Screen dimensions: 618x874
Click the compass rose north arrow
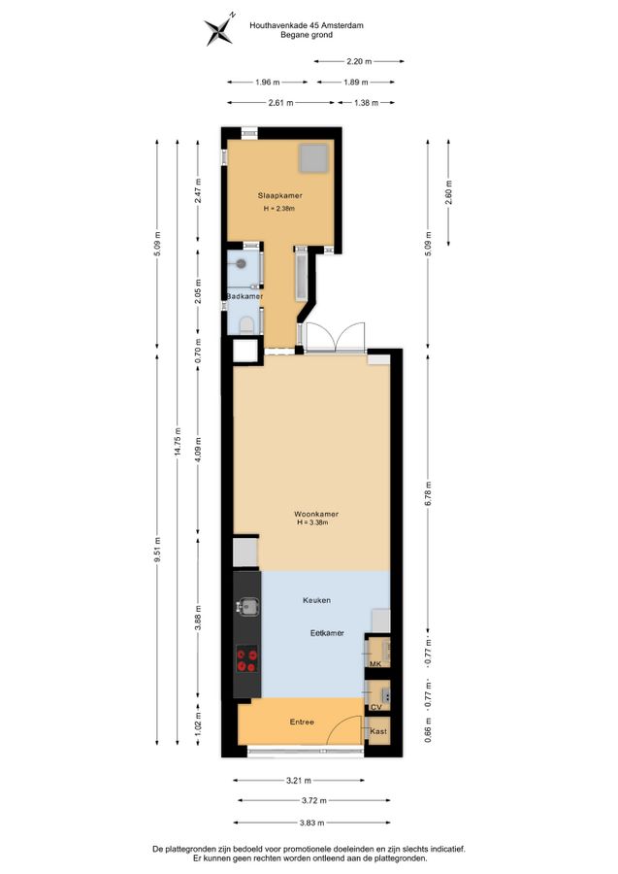[219, 29]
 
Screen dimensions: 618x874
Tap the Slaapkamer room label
[280, 195]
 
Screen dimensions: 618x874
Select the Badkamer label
[245, 296]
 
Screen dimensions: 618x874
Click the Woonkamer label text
[316, 514]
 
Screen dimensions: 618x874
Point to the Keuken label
[317, 600]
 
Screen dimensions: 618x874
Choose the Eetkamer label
[327, 633]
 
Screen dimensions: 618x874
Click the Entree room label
[302, 722]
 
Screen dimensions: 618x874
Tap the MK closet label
[375, 664]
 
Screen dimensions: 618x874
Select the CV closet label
[375, 707]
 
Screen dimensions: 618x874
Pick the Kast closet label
[378, 731]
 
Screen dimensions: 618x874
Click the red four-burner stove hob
[246, 658]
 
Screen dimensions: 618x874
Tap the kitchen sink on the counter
[247, 606]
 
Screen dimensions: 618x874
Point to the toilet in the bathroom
[245, 325]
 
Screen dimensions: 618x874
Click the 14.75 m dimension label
[178, 442]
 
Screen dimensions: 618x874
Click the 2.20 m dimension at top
[359, 61]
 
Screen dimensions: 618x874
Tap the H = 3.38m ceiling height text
[313, 522]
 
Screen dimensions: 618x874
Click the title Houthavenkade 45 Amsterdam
[307, 25]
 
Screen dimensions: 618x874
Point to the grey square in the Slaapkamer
[313, 158]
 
